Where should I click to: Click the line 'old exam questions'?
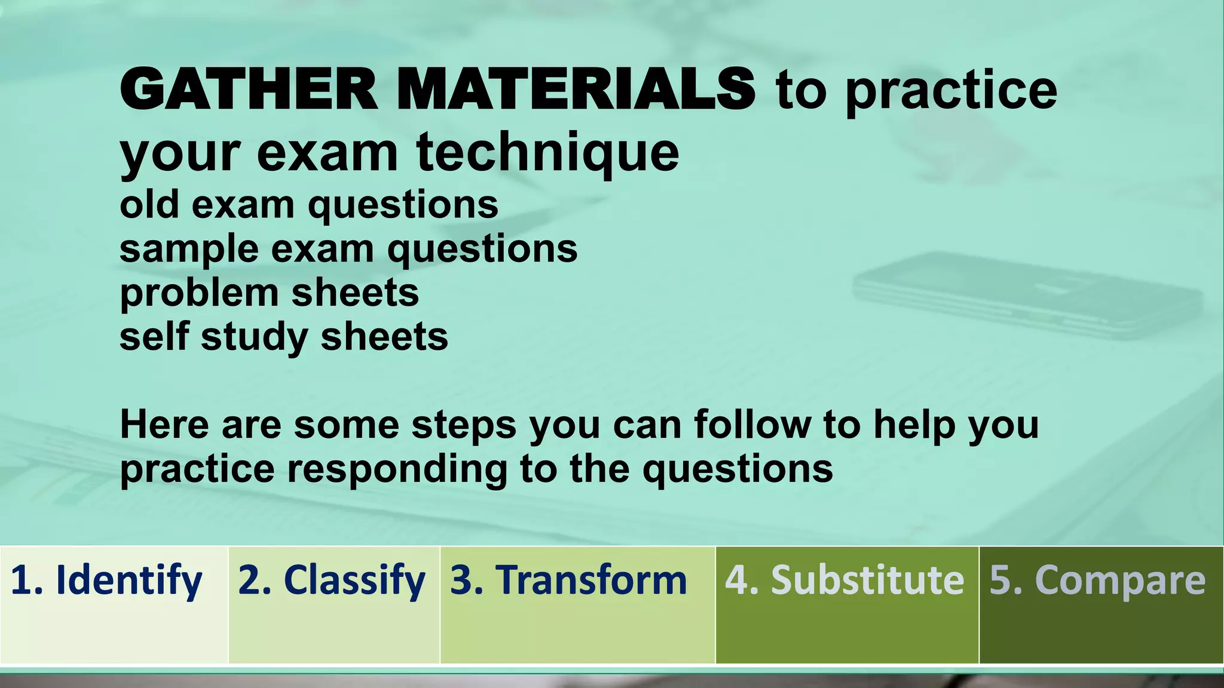(309, 205)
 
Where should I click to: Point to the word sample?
(189, 249)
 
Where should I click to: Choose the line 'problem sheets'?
(269, 293)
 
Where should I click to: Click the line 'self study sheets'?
(283, 336)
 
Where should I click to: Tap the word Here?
(164, 425)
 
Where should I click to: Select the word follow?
(752, 425)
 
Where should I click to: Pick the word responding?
(397, 469)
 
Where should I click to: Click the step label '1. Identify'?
(106, 580)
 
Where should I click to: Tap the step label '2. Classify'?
(332, 580)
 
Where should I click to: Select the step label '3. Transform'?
(568, 580)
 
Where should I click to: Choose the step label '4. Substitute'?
(844, 580)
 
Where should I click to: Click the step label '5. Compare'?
(1097, 580)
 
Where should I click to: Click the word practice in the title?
(951, 91)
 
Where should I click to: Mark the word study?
(255, 336)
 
